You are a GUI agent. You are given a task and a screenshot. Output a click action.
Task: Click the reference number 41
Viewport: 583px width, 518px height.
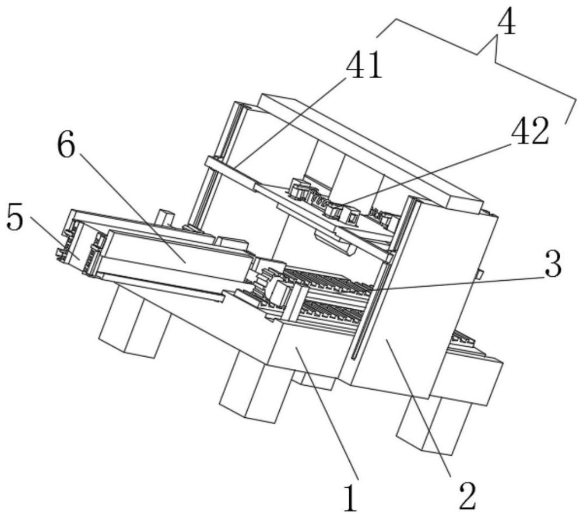point(364,65)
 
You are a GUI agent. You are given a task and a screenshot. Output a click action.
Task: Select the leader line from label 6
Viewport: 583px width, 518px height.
point(131,210)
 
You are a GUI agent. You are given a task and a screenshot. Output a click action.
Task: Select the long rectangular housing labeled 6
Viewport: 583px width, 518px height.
point(175,256)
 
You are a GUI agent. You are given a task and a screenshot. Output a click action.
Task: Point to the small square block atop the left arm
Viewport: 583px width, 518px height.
point(166,218)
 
